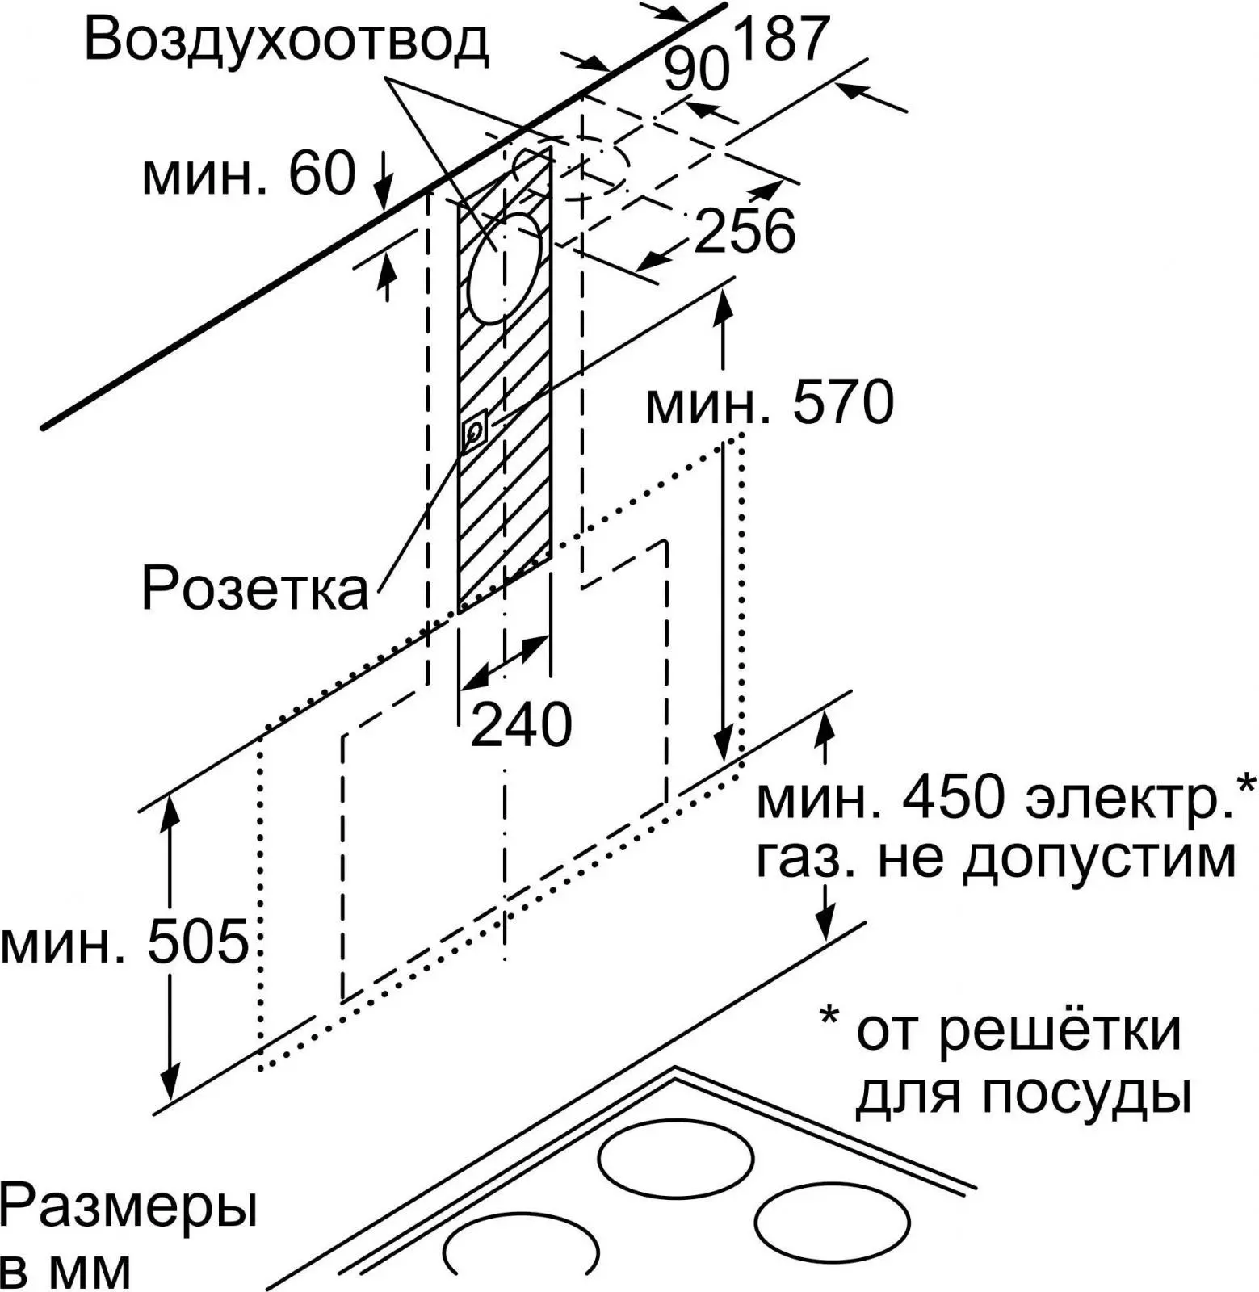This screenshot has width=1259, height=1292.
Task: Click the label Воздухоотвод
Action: coord(287,40)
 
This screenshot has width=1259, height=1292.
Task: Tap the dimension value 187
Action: coord(782,37)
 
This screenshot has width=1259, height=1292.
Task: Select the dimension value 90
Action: coord(696,70)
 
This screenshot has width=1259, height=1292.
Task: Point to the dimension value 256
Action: coord(745,232)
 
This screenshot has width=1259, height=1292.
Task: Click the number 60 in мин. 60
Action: coord(322,174)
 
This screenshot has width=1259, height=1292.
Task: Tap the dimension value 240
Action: coord(521,724)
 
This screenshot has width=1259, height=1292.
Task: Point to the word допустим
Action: coord(1100,858)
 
